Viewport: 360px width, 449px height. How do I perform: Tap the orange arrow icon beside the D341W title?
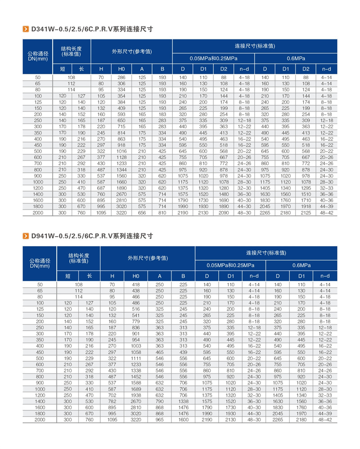click(x=26, y=29)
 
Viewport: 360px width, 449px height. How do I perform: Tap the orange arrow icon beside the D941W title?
click(x=26, y=236)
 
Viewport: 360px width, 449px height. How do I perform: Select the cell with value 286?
click(x=121, y=77)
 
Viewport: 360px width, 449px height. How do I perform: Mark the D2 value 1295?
click(x=306, y=188)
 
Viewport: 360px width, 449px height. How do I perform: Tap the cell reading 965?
click(x=160, y=419)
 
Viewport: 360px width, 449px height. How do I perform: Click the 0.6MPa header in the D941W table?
click(x=301, y=265)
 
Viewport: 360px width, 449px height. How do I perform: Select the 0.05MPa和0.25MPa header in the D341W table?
click(x=213, y=58)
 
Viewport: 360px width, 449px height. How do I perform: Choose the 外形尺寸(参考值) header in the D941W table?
click(x=148, y=258)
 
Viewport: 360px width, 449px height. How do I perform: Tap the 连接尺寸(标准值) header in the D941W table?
click(x=266, y=252)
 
